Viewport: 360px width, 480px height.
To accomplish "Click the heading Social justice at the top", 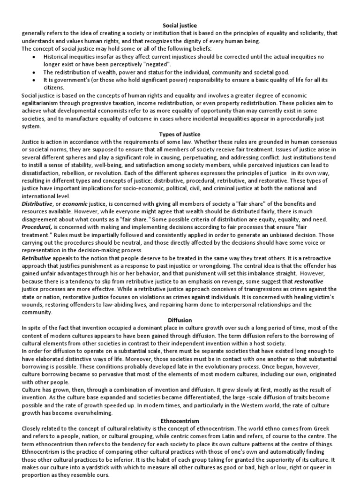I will (x=180, y=25).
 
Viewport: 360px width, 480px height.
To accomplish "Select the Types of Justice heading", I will (x=180, y=135).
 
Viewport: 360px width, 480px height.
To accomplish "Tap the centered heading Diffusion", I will (x=180, y=320).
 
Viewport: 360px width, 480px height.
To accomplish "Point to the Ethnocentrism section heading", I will (x=180, y=421).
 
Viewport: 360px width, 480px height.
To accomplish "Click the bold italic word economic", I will (x=75, y=204).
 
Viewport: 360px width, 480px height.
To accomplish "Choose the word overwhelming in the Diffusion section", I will (x=90, y=413).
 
